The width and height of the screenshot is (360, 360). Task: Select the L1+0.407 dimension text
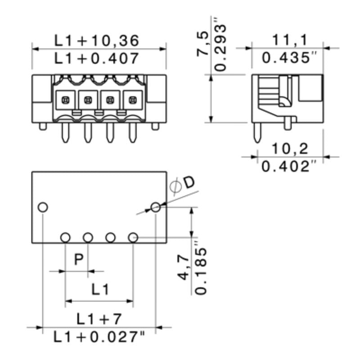tap(96, 58)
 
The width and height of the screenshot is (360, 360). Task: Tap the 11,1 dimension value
tap(290, 40)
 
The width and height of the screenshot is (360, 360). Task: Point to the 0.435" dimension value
tap(290, 58)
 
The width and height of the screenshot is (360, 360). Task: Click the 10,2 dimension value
tap(290, 149)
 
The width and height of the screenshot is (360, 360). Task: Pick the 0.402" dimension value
tap(290, 166)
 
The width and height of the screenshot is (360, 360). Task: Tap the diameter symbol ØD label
tap(183, 184)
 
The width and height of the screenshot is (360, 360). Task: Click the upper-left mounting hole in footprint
tap(43, 207)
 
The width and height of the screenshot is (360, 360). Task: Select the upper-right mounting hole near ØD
tap(156, 207)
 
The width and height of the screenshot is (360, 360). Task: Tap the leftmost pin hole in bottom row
tap(65, 237)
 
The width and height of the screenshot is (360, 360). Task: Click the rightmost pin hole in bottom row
tap(133, 237)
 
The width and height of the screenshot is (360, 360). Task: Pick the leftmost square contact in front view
tap(65, 99)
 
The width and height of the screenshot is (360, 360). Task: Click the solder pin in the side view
tap(257, 132)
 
